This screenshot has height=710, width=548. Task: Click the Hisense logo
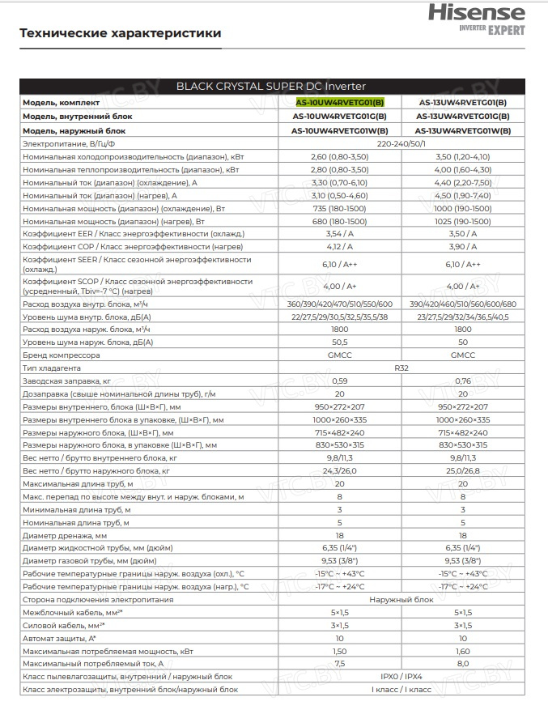coord(487,14)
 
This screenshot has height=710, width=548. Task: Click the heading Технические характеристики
coord(120,33)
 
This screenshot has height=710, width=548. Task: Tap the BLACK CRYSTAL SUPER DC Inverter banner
coord(271,86)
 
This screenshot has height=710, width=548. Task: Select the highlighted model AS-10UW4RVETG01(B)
coord(340,103)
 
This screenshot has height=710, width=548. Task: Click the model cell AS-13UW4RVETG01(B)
coord(463,103)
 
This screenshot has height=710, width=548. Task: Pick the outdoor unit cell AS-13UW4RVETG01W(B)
coord(463,130)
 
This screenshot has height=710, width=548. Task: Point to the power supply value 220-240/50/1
coord(401,142)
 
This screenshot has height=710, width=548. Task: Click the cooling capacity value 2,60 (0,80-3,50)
coord(339,155)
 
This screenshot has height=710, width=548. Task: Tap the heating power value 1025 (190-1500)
coord(463,220)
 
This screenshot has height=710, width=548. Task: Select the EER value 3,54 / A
coord(339,233)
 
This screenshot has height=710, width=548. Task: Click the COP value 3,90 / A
coord(463,246)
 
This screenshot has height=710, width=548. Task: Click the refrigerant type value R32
coord(401,368)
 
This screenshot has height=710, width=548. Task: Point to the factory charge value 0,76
coord(463,381)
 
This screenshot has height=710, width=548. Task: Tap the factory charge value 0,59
coord(339,381)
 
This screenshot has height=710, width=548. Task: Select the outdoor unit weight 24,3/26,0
coord(339,470)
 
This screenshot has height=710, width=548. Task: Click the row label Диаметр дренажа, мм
coord(66,535)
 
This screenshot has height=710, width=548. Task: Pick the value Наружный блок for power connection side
coord(401,599)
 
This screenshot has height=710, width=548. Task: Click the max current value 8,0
coord(463,663)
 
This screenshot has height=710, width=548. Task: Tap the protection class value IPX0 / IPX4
coord(401,676)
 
